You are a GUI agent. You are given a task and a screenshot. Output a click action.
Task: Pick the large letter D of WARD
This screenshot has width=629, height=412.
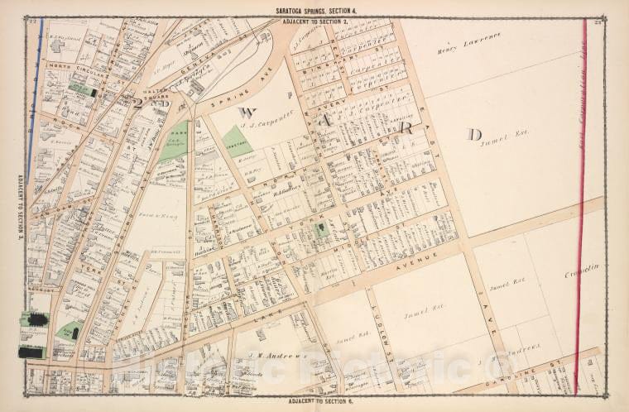coord(474,133)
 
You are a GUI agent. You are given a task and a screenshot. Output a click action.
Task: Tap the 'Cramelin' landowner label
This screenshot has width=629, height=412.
coord(581,271)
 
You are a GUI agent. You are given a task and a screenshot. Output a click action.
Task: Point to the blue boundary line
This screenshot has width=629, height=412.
coord(35,99)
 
